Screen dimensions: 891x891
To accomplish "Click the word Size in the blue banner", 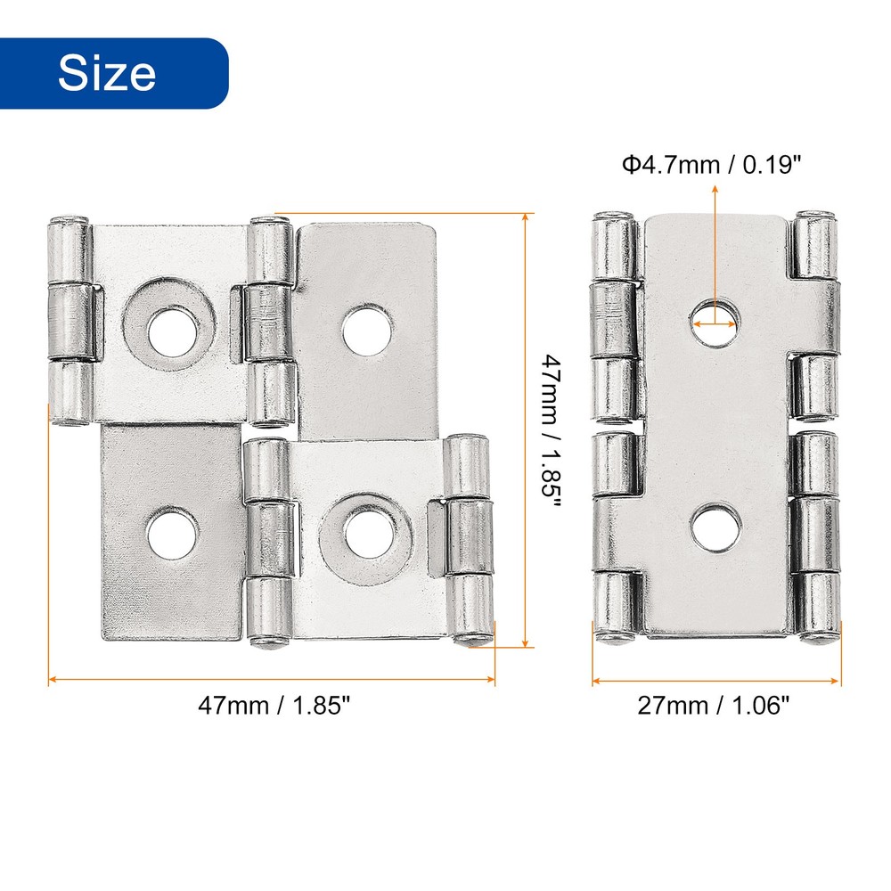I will [107, 74].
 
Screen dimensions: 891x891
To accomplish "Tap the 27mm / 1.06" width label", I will [714, 706].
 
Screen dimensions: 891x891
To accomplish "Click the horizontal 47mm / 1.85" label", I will [274, 706].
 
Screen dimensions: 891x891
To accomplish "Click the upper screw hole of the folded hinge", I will [715, 321].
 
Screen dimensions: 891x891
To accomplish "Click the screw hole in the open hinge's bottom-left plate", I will [171, 535].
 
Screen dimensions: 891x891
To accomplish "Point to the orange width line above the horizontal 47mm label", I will [272, 680].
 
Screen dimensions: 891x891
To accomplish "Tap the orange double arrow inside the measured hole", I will [715, 324].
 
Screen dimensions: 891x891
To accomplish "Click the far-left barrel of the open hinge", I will [68, 321].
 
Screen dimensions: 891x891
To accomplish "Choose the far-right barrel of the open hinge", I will [470, 539].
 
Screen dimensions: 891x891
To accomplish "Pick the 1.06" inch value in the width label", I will [761, 706].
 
